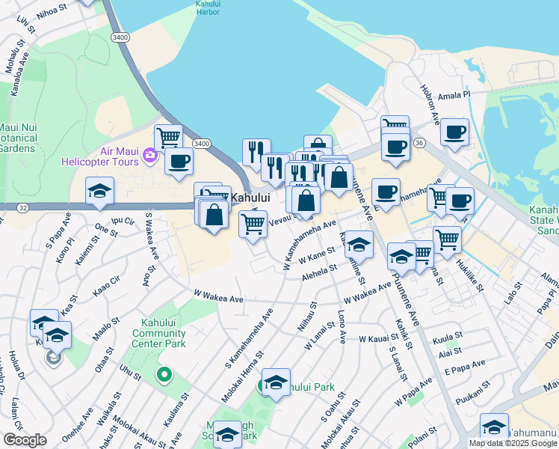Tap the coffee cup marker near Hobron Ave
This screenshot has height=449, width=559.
click(454, 133)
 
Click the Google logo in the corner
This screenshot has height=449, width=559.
click(25, 440)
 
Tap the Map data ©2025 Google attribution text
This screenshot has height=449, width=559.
click(513, 443)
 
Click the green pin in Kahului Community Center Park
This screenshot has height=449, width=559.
click(163, 373)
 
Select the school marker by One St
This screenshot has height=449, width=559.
click(99, 193)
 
